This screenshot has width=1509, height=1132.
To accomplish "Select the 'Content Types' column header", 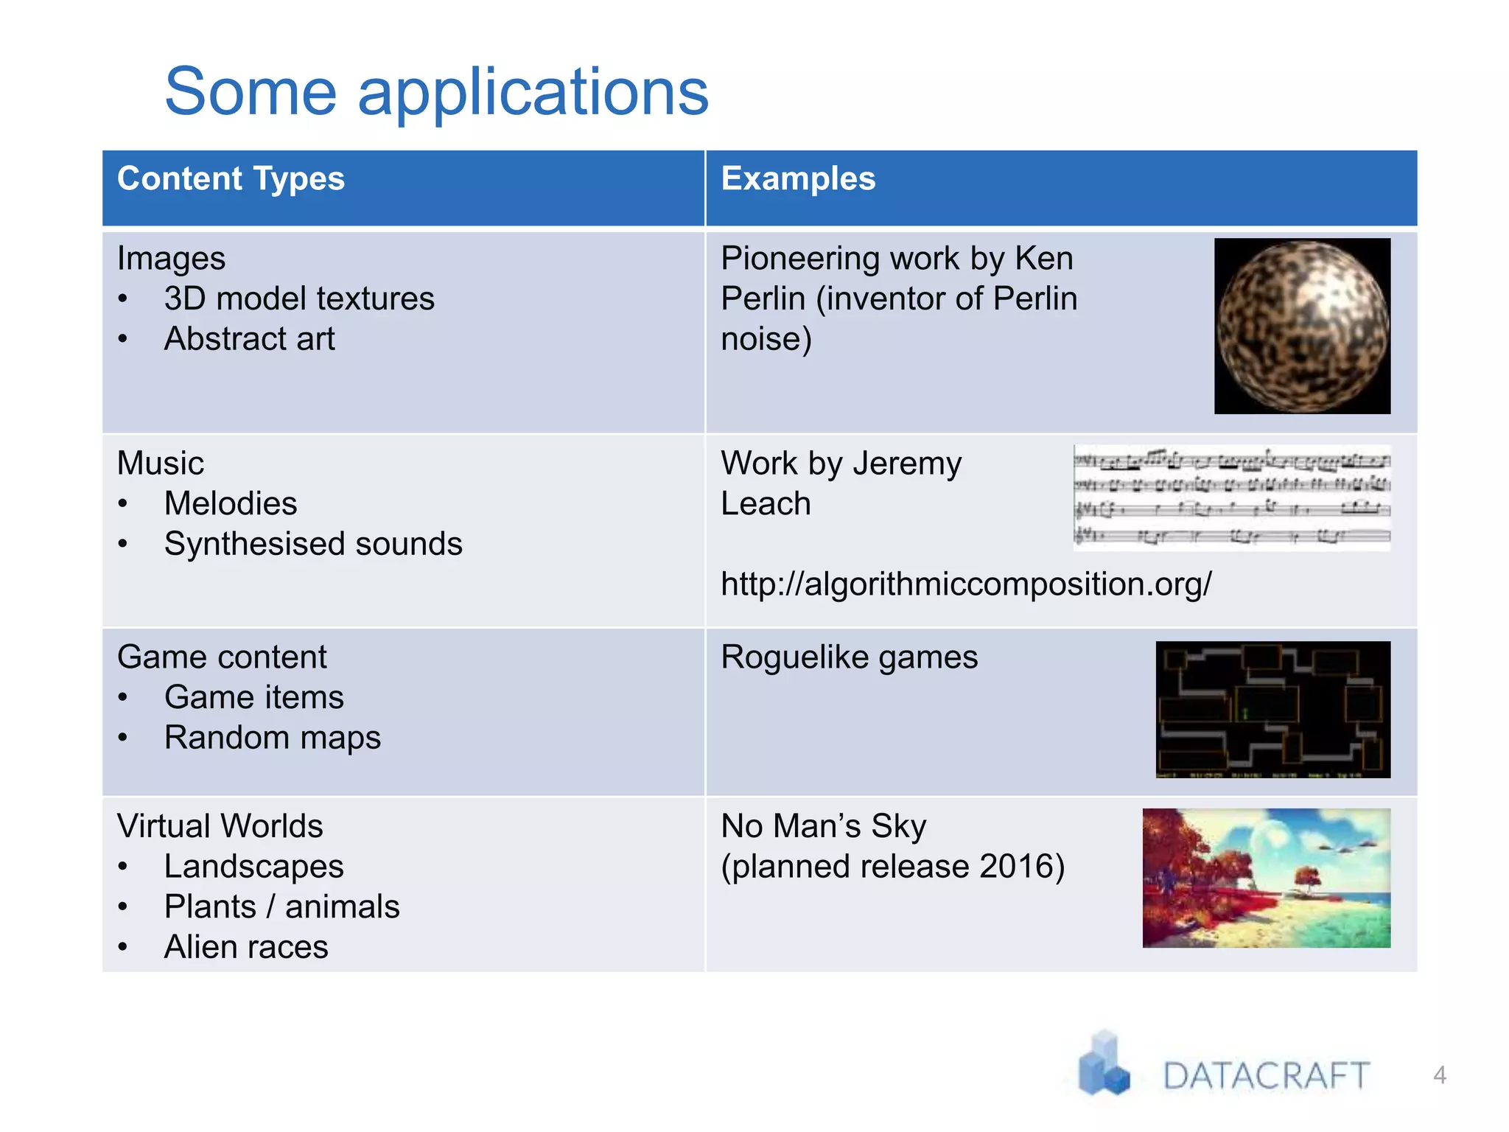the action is click(231, 179).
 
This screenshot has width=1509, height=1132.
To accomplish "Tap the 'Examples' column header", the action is click(798, 179).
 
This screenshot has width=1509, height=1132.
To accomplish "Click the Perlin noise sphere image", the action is click(1302, 326).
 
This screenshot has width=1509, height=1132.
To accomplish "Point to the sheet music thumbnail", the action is click(1231, 497).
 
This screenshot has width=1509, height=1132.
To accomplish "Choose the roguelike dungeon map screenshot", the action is click(1272, 709).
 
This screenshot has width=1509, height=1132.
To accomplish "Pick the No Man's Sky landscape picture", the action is click(1266, 878).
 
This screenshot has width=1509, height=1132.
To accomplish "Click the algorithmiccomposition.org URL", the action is click(965, 584).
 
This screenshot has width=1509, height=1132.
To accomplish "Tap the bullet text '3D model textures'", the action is click(299, 299).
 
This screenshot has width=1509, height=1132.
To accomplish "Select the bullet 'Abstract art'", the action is click(249, 339).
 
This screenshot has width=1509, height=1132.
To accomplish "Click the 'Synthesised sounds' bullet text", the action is click(313, 544).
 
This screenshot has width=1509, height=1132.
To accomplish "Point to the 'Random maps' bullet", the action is click(272, 738).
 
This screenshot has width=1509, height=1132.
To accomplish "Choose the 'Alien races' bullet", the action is click(246, 947).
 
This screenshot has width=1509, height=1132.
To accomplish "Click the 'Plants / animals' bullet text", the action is click(281, 907).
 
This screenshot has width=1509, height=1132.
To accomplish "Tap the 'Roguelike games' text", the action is click(849, 657).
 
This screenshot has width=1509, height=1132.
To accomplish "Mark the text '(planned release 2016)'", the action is click(892, 867).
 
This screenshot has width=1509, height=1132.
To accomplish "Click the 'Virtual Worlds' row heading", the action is click(220, 826).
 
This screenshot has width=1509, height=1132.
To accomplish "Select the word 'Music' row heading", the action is click(161, 464).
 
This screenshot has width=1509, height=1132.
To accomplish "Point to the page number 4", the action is click(1439, 1075).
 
